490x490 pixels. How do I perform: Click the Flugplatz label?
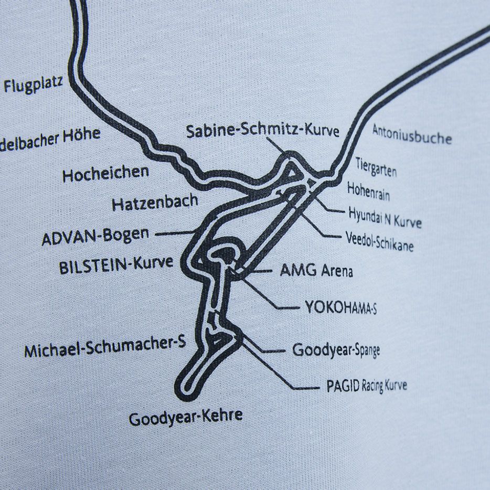point(33,84)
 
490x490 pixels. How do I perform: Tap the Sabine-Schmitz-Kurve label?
point(263,131)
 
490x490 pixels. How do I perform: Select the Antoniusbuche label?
point(412,135)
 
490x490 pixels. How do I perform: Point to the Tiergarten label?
point(376,166)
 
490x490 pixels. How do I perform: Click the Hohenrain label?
point(368,191)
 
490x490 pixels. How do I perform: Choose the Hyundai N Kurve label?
point(385,217)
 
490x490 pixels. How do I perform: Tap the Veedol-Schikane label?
point(379,241)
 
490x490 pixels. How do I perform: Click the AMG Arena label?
point(316,271)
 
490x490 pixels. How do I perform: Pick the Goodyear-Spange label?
point(336,350)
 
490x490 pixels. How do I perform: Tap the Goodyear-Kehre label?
point(186,417)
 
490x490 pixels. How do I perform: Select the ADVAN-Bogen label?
point(95,237)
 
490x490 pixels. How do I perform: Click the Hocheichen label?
point(105,173)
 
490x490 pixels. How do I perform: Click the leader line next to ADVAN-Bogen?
point(173,233)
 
